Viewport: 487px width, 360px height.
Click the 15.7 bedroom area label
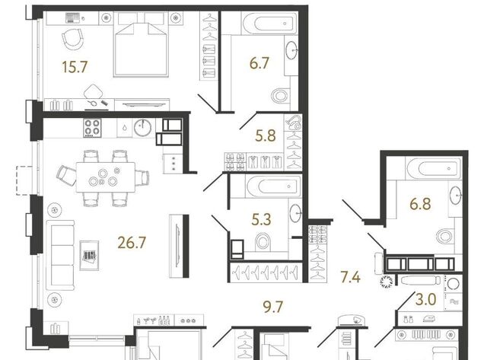pos(75,67)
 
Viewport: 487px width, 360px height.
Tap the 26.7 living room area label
pos(132,242)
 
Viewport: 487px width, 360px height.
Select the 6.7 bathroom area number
pos(259,63)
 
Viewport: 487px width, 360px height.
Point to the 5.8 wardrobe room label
pos(266,135)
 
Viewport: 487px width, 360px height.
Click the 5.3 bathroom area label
pos(261,219)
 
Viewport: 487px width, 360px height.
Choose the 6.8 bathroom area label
pos(420,204)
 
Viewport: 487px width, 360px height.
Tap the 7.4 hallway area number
pos(351,277)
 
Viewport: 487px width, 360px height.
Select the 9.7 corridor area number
pos(273,307)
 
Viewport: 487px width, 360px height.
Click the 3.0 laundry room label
pos(426,300)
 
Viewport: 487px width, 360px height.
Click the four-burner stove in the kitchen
pos(92,128)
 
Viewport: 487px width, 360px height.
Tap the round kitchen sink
pos(142,127)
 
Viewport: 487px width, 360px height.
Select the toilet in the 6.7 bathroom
pos(281,95)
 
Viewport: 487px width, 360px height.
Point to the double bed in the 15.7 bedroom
pos(142,45)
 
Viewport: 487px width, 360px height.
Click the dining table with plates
pos(106,177)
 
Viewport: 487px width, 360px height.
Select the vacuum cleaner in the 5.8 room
pos(294,123)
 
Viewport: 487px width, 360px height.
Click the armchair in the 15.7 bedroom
pos(73,38)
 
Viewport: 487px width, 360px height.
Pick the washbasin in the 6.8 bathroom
pos(456,195)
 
